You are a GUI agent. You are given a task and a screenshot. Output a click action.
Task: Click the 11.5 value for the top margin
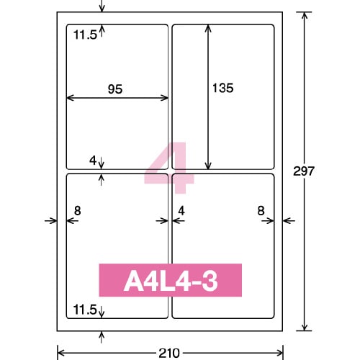pyautogui.click(x=84, y=33)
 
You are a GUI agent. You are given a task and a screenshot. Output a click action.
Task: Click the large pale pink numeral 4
pyautogui.click(x=170, y=167)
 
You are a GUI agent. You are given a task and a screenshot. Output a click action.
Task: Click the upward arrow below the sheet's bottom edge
pyautogui.click(x=102, y=336)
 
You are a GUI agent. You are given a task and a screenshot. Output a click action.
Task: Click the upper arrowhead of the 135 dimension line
pyautogui.click(x=209, y=27)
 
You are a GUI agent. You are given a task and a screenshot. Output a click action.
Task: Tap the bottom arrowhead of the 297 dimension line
pyautogui.click(x=305, y=327)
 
